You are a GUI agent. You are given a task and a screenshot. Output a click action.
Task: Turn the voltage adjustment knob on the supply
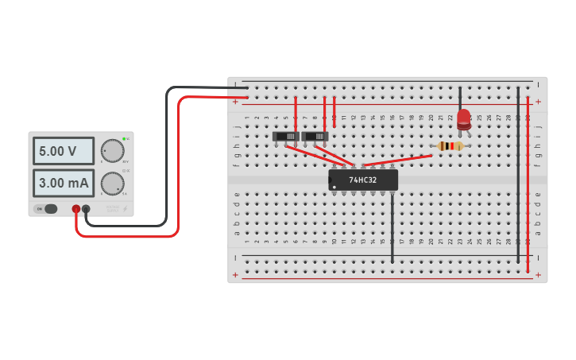[x=113, y=150]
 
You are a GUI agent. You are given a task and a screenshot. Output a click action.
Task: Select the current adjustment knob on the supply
[x=113, y=184]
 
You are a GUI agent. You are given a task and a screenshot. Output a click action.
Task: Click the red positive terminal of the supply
[x=76, y=209]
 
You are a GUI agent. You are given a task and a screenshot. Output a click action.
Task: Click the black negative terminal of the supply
[x=86, y=209]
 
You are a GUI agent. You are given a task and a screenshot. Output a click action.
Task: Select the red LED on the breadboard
[x=464, y=120]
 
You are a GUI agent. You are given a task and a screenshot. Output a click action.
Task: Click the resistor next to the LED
[x=450, y=146]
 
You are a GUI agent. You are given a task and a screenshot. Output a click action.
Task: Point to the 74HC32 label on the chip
[x=363, y=180]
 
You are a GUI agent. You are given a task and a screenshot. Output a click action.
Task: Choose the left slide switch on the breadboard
[x=286, y=137]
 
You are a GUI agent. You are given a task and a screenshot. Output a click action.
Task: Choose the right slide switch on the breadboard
[x=315, y=137]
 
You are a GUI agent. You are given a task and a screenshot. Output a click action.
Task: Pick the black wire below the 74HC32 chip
[x=392, y=226]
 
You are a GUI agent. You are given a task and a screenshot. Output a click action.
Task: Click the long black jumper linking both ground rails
[x=518, y=175]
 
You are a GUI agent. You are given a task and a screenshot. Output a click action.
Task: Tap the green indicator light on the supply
[x=125, y=138]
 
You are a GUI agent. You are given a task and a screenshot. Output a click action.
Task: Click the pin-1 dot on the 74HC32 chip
[x=334, y=188]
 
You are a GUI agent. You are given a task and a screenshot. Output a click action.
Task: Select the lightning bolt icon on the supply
[x=124, y=209]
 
